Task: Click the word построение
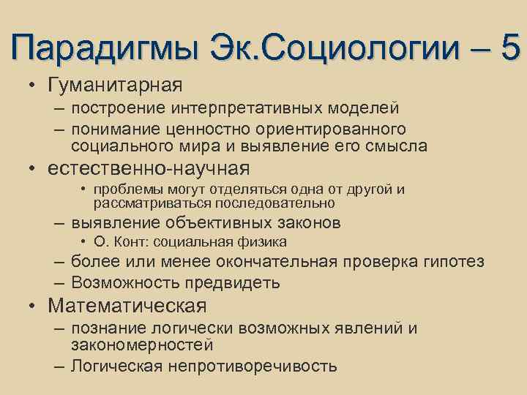[120, 109]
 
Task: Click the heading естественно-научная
[149, 168]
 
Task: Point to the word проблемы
[117, 190]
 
